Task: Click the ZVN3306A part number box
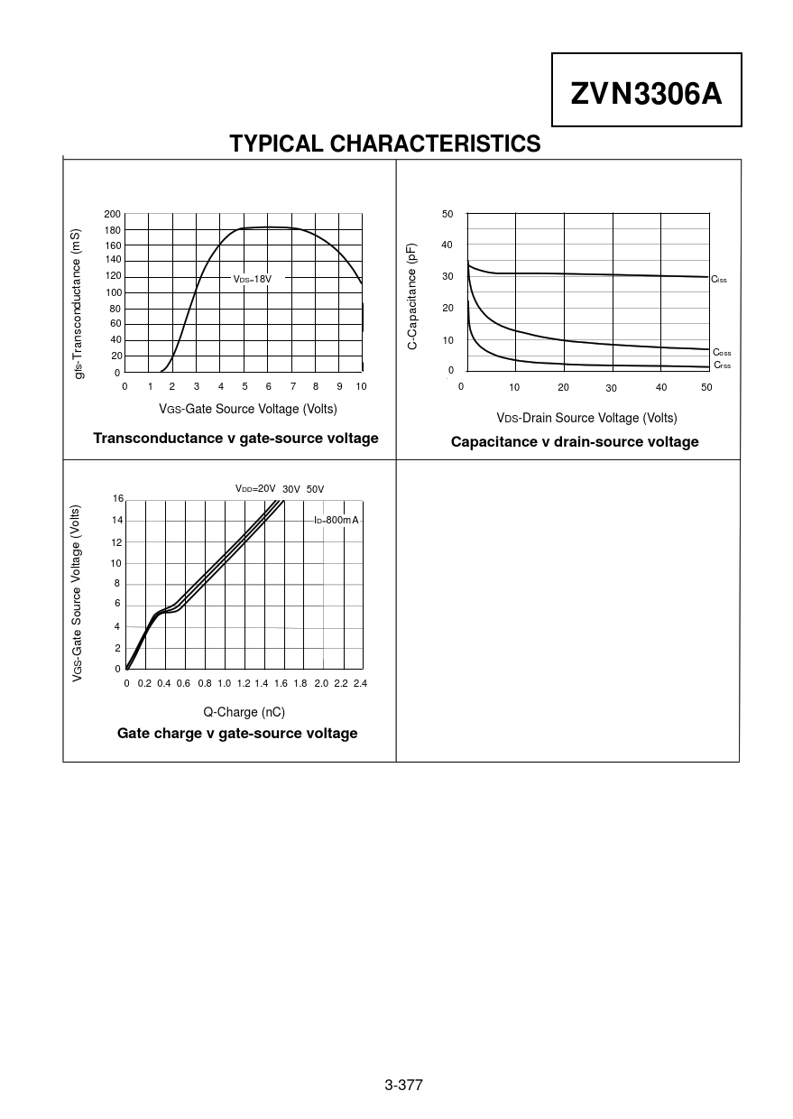646,91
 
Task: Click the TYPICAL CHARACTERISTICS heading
385,144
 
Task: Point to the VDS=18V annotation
253,280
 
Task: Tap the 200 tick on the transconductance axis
112,214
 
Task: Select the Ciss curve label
719,280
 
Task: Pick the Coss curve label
722,353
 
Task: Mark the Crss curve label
722,365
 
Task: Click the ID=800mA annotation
337,521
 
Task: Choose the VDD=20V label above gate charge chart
255,489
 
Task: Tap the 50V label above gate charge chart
315,489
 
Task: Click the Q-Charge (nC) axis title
244,712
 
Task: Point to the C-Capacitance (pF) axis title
412,296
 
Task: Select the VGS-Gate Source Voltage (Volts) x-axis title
248,409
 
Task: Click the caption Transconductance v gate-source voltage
235,438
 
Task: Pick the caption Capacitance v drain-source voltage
575,441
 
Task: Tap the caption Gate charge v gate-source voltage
237,733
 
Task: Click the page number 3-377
403,1085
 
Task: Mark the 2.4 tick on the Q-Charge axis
360,683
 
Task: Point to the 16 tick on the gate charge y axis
117,499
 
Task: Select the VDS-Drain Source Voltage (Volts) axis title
586,418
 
